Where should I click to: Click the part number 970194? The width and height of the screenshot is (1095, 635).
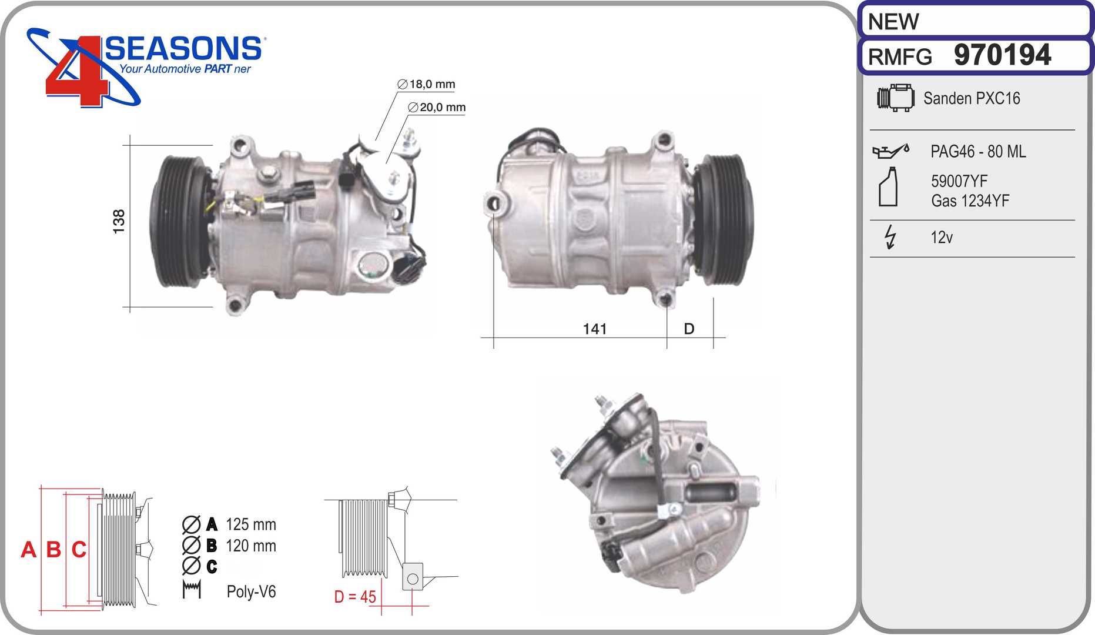pos(1002,55)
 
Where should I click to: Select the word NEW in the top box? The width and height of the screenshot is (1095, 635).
pos(893,22)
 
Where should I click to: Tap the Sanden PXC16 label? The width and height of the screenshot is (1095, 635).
pos(972,98)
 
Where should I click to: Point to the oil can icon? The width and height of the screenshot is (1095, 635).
pos(890,151)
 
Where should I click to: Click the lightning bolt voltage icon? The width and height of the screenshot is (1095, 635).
pos(890,237)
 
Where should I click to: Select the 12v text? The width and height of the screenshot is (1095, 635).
pos(942,237)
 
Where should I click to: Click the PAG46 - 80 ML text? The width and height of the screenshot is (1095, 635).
pos(978,152)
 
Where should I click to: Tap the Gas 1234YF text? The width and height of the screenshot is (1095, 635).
pos(970,200)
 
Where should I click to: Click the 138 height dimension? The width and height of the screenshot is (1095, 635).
pos(119,222)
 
